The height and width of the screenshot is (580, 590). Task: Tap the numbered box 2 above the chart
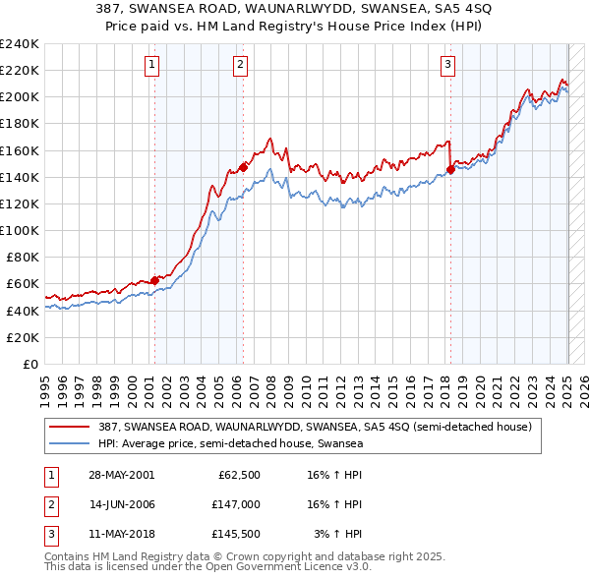tap(241, 66)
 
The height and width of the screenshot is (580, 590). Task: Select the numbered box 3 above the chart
tap(447, 66)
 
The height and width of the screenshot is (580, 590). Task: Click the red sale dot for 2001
tap(154, 280)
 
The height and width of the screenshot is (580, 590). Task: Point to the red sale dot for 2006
tap(243, 167)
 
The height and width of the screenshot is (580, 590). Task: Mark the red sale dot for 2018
tap(450, 169)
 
